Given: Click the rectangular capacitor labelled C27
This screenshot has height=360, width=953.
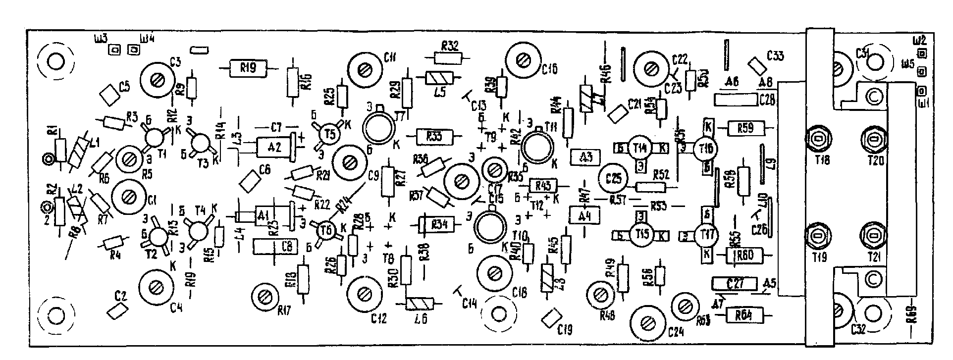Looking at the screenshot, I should [735, 284].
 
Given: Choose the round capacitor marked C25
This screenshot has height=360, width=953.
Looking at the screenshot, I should [613, 179].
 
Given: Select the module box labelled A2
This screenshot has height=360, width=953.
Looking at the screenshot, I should [274, 147].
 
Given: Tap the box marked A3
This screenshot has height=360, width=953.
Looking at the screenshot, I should [586, 157].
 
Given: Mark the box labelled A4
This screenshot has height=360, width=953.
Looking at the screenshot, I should [584, 215].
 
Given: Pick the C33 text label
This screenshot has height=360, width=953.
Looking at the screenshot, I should [775, 56].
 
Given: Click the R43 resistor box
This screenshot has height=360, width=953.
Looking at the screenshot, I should [543, 185].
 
